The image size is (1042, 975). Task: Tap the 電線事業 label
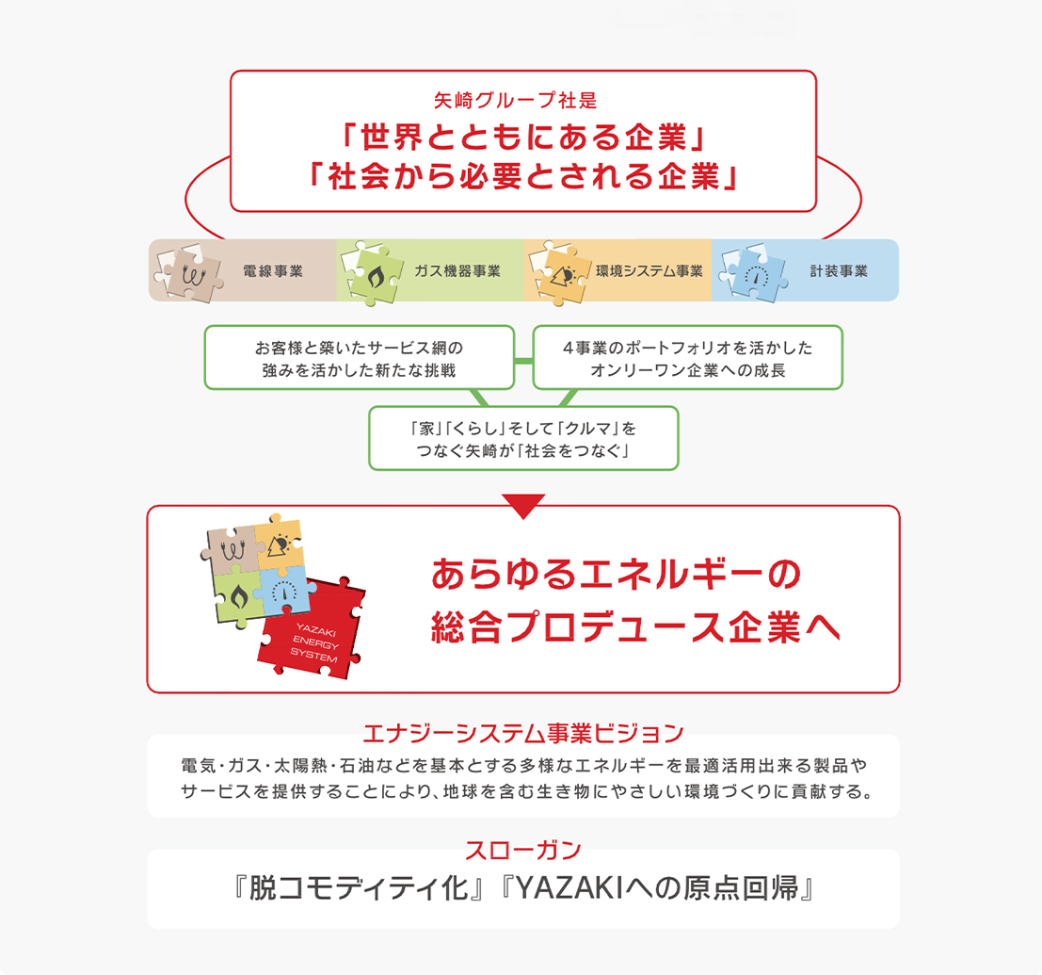point(272,270)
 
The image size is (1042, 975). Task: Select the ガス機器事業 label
point(457,270)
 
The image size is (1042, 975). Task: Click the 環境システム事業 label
point(649,270)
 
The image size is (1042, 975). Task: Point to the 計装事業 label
point(839,270)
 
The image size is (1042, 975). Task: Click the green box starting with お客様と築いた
point(360,357)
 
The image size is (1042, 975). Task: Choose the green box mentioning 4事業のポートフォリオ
point(688,357)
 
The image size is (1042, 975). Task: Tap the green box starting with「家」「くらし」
point(523,438)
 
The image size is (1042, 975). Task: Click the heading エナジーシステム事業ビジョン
point(523,733)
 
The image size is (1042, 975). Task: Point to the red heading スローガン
point(523,850)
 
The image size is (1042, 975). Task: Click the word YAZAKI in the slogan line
point(569,888)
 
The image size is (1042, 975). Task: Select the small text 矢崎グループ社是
point(516,100)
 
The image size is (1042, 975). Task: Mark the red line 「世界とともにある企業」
point(523,138)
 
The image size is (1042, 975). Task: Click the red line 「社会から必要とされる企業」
point(523,176)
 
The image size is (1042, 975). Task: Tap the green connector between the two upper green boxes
point(523,361)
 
